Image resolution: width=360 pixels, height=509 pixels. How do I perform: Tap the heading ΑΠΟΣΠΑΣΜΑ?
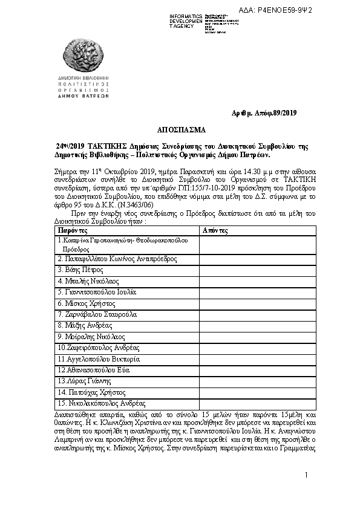(180, 130)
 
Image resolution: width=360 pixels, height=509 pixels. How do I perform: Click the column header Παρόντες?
(73, 231)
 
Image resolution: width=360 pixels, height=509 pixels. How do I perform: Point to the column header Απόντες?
(215, 231)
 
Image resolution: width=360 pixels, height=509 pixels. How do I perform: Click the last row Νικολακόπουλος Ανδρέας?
(104, 403)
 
